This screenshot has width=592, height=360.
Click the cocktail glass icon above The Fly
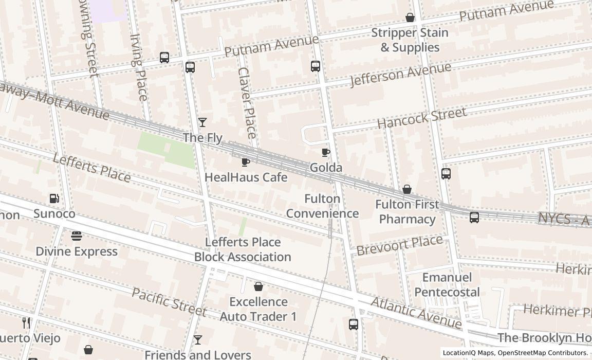click(202, 122)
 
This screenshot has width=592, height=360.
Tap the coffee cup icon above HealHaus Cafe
click(246, 162)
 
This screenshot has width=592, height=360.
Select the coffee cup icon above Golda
click(325, 152)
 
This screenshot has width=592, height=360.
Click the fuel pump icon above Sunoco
click(54, 199)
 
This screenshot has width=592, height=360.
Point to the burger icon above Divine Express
click(77, 236)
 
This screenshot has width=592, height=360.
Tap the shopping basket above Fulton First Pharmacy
click(407, 189)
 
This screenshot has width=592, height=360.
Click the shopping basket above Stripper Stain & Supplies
click(410, 17)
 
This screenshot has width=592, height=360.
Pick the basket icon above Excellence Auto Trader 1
click(258, 286)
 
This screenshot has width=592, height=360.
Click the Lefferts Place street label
click(91, 168)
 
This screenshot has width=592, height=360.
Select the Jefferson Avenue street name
click(400, 75)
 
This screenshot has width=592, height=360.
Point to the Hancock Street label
click(422, 118)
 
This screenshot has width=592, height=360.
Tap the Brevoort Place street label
click(399, 245)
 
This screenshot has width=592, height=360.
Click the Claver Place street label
click(247, 103)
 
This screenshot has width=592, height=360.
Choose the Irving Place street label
click(139, 67)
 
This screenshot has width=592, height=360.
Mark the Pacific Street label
click(169, 302)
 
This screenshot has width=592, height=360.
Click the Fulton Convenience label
click(322, 206)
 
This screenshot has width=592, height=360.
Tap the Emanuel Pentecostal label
click(447, 284)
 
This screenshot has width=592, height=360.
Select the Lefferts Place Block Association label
click(243, 249)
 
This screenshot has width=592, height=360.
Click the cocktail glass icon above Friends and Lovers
click(197, 340)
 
